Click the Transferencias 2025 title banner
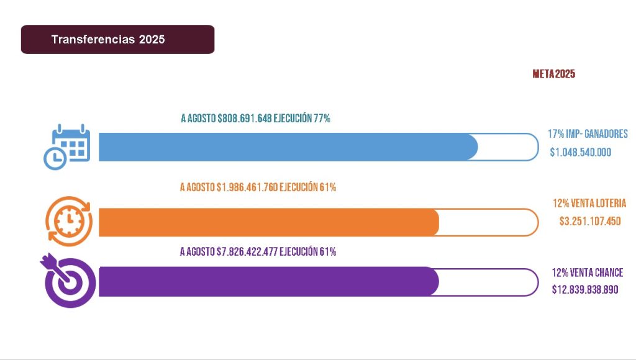coord(117,39)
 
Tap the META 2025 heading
coord(553,74)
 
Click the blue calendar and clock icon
coord(66,146)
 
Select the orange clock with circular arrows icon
coord(69,221)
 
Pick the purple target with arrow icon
coord(68,281)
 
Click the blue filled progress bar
coord(286,147)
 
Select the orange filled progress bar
coord(267,222)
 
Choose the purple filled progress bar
coord(267,282)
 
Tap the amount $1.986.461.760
coord(247,187)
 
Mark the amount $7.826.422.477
coord(247,251)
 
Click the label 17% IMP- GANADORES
coord(588,134)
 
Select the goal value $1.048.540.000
coord(581,152)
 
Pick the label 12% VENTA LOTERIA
coord(589,203)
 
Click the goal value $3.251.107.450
coord(589,221)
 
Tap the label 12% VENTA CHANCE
coord(587,272)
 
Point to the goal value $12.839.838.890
coord(585,289)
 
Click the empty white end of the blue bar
coord(506,147)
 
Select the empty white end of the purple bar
coord(488,282)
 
